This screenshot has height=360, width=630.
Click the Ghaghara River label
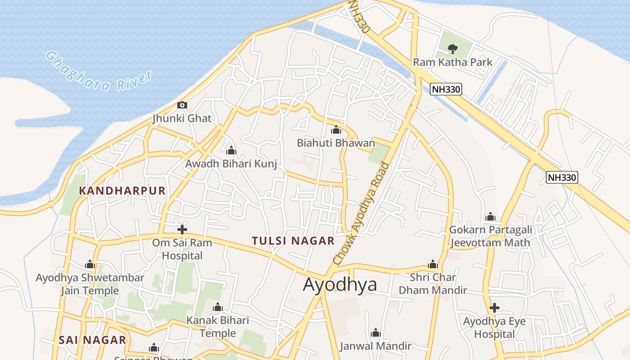point(99,72)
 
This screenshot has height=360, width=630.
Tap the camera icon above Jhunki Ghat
point(182,105)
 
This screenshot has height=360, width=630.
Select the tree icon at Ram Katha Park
point(453,48)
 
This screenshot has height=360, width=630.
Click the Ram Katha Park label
point(453,62)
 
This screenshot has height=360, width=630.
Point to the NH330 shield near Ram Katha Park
point(446,89)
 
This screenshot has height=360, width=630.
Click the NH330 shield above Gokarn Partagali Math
point(562,177)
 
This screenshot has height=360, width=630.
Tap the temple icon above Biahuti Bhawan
point(336,130)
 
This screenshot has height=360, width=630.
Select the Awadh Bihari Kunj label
point(231,164)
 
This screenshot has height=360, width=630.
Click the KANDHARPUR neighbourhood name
point(122,191)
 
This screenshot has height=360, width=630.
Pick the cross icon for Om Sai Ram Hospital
point(182,229)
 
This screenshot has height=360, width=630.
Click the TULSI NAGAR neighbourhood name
point(293,241)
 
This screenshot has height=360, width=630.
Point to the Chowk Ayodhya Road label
point(361,213)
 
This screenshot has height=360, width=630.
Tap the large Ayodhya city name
point(340,285)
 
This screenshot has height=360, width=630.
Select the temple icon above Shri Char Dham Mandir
point(433,264)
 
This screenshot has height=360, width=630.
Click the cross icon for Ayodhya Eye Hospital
point(494,308)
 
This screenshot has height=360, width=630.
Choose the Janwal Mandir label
point(375,346)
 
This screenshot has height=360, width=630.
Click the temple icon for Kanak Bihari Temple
point(218,307)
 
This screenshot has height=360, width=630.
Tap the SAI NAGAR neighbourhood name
point(92,340)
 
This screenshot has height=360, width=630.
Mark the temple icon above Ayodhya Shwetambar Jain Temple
point(90,264)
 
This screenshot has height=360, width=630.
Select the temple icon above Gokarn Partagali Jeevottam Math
point(490,217)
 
